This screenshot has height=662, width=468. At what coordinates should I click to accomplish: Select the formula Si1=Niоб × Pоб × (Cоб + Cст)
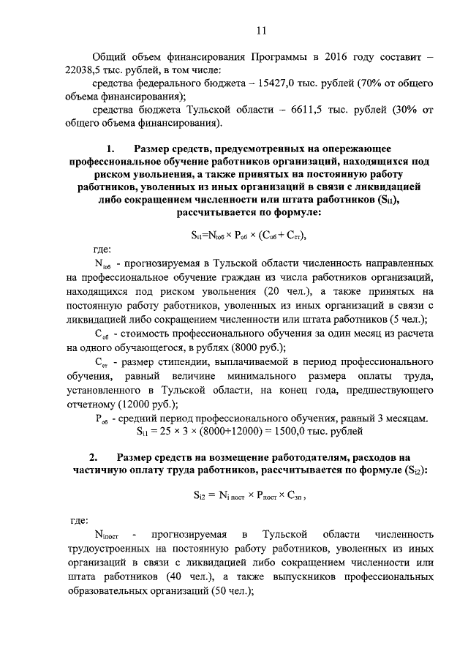click(247, 235)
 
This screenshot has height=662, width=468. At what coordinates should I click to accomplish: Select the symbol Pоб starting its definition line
click(102, 417)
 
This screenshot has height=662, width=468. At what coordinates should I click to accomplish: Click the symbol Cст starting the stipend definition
click(102, 363)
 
